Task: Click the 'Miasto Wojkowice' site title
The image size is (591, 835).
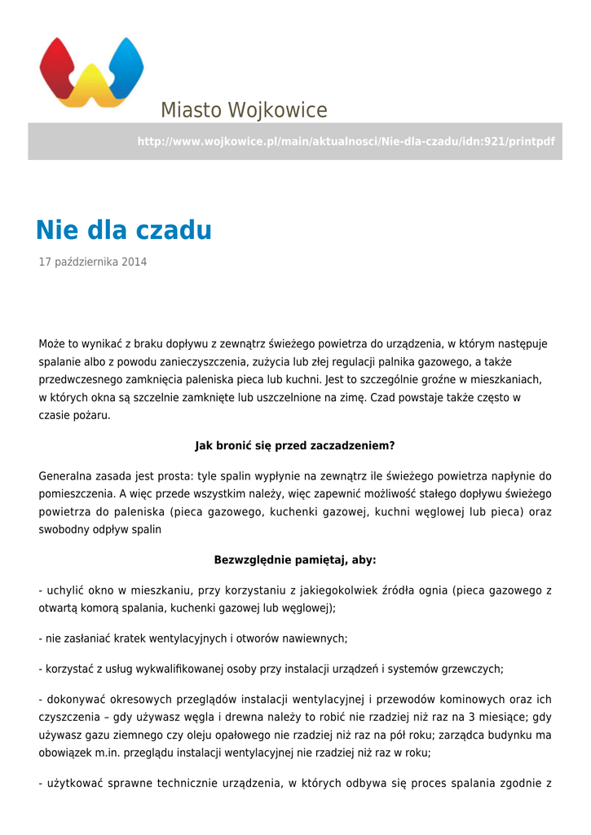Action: coord(244,110)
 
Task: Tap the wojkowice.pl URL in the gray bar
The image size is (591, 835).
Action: coord(346,142)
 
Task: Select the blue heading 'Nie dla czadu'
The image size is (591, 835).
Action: coord(124,231)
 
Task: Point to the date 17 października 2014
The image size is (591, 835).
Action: coord(93,263)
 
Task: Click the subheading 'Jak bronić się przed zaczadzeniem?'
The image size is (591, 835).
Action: coord(295,446)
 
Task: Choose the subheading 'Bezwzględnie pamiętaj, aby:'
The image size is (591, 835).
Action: coord(295,560)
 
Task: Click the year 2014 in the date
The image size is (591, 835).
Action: coord(135,263)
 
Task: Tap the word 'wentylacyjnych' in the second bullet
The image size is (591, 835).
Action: coord(174,638)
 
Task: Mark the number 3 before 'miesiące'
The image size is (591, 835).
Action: coord(464,718)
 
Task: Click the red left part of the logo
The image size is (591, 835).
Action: coord(59,65)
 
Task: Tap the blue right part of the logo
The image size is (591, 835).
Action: coord(124,65)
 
